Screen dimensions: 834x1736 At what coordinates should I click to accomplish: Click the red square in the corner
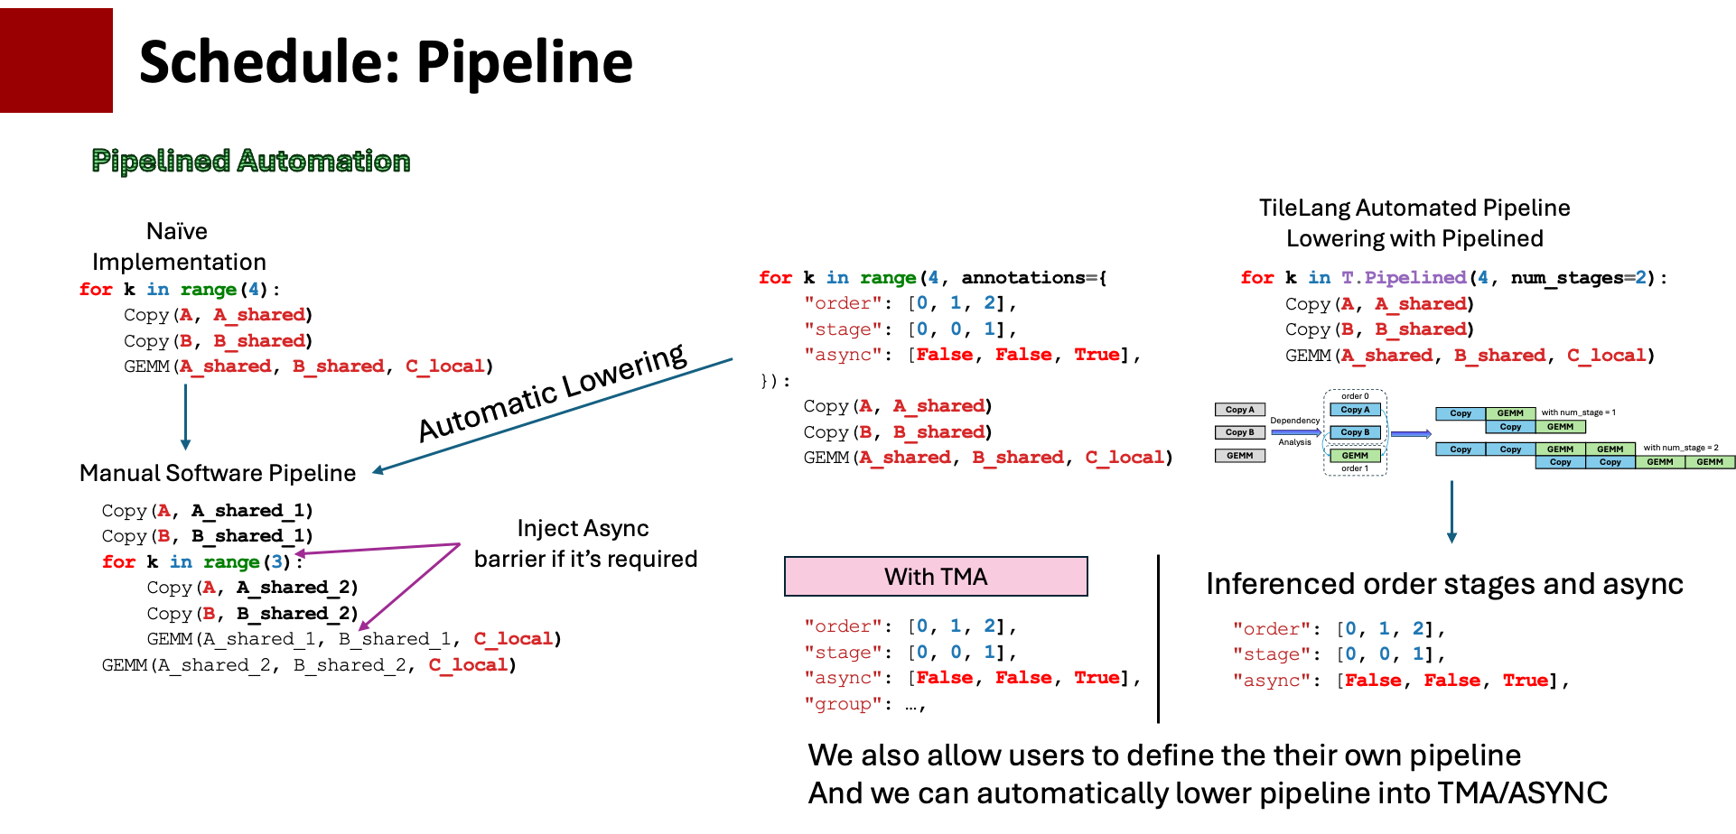[x=56, y=60]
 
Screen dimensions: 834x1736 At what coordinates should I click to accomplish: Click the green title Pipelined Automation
[x=250, y=161]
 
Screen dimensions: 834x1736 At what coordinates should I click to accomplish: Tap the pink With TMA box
[x=936, y=577]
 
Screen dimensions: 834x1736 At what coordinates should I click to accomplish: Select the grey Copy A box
[x=1239, y=410]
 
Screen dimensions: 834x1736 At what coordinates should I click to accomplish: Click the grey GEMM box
[x=1239, y=456]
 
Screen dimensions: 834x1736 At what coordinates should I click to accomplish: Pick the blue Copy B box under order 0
[x=1354, y=432]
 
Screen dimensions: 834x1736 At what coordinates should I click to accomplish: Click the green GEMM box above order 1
[x=1354, y=456]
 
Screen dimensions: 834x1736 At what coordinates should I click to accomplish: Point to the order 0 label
[x=1354, y=396]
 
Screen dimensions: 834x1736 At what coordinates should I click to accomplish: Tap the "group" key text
[x=843, y=704]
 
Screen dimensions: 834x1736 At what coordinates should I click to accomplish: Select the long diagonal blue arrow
[x=551, y=415]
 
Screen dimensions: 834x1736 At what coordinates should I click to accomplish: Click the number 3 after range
[x=276, y=561]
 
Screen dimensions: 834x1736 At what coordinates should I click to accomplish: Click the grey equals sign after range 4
[x=1091, y=277]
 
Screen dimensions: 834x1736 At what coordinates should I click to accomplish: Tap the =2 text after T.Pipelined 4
[x=1635, y=277]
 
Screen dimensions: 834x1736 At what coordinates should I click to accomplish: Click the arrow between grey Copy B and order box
[x=1296, y=433]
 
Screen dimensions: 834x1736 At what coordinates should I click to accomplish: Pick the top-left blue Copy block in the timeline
[x=1461, y=413]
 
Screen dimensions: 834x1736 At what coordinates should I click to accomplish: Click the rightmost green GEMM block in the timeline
[x=1709, y=462]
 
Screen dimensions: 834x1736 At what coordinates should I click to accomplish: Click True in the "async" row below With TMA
[x=1097, y=678]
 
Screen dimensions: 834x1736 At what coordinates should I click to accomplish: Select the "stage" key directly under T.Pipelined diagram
[x=1271, y=654]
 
